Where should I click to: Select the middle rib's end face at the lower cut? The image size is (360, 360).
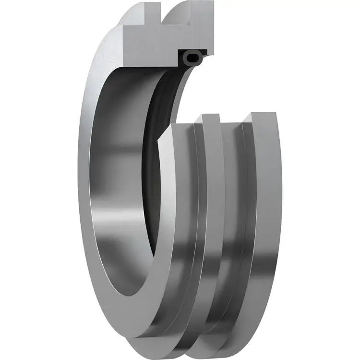click(211, 118)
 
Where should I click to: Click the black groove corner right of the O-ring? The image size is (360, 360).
click(204, 52)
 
